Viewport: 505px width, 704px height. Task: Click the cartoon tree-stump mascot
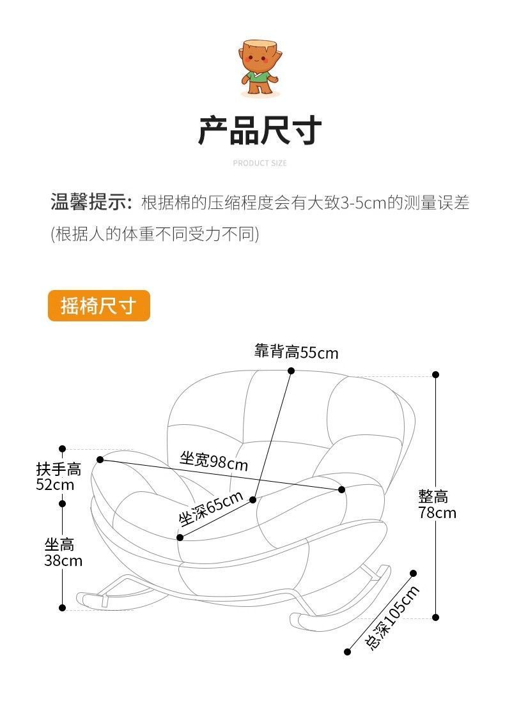pos(260,69)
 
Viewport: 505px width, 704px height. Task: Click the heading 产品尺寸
pos(260,130)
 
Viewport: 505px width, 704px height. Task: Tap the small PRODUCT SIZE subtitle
pos(260,164)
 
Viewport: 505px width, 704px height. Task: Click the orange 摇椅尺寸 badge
pos(98,306)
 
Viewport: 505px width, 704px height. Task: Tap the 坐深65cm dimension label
pos(210,508)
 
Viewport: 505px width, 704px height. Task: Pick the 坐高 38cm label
pos(63,553)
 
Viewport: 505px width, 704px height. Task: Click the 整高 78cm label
pos(437,504)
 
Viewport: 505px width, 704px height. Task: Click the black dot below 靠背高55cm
pos(291,371)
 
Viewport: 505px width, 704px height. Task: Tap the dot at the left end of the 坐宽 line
pos(100,459)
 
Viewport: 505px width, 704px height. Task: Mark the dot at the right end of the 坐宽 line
pos(341,489)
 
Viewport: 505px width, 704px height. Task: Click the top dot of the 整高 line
pos(436,375)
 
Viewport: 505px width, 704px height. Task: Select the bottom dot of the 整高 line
pos(436,617)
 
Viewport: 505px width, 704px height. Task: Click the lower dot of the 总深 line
pos(348,652)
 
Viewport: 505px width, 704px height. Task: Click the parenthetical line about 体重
pos(155,234)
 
